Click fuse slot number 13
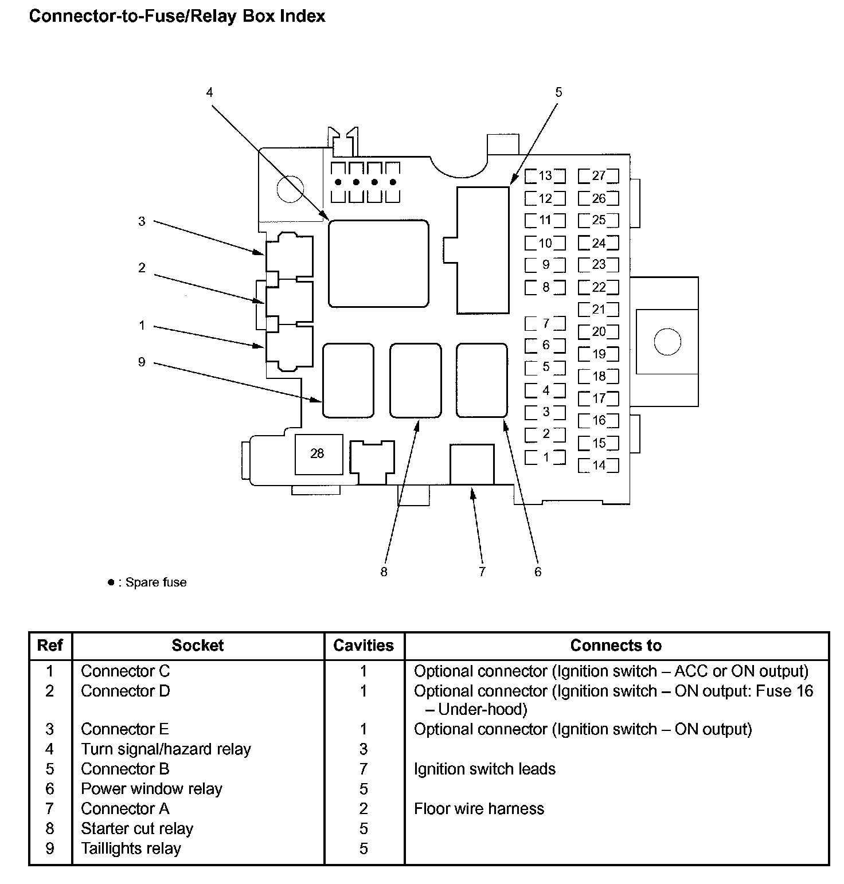pos(545,176)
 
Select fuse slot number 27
pos(599,176)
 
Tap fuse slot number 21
pos(599,310)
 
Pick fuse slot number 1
pos(545,457)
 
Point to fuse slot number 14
pos(599,466)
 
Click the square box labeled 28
pos(318,454)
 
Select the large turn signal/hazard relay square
pos(378,263)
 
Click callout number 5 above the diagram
pos(558,92)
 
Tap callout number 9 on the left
pos(142,362)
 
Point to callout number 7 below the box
pos(482,572)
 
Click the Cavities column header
pos(364,646)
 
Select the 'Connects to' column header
pos(616,646)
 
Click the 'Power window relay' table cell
pos(151,789)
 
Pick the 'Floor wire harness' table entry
pos(479,809)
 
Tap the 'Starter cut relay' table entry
pos(137,829)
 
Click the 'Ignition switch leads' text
pos(484,769)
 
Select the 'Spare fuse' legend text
pos(155,582)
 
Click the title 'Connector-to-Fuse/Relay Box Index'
pos(177,16)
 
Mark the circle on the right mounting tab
pos(667,342)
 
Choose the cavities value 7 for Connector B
pos(364,769)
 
